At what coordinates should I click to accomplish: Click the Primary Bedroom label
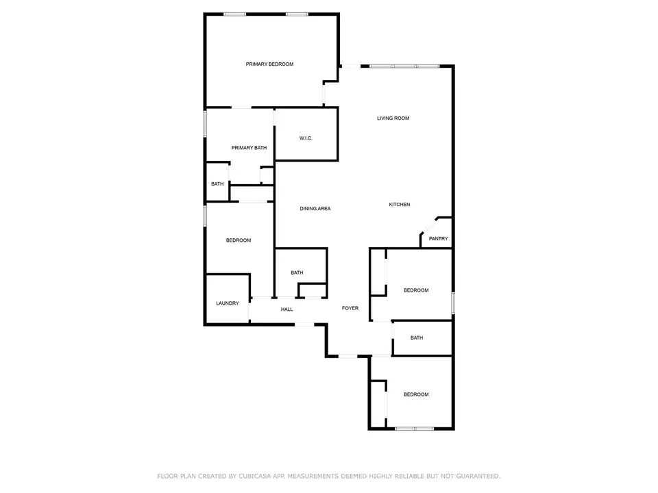point(269,64)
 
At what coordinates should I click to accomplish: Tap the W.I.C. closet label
point(306,138)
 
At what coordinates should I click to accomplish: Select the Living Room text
point(393,118)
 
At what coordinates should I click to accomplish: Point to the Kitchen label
point(400,205)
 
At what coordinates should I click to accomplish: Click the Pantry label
point(438,239)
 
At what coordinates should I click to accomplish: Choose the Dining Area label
point(315,208)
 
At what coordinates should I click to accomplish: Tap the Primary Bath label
point(249,148)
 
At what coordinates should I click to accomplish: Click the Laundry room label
point(227,303)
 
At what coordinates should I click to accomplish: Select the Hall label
point(287,309)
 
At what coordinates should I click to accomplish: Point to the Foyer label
point(350,308)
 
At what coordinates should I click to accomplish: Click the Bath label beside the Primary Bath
point(217,184)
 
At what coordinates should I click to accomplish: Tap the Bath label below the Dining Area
point(297,273)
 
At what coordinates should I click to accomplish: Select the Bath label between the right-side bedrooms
point(417,338)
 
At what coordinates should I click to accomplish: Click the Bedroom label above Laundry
point(239,240)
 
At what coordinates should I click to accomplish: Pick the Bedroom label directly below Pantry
point(415,290)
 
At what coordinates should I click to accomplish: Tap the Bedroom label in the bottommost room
point(415,394)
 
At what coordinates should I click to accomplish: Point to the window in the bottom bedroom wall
point(414,429)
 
